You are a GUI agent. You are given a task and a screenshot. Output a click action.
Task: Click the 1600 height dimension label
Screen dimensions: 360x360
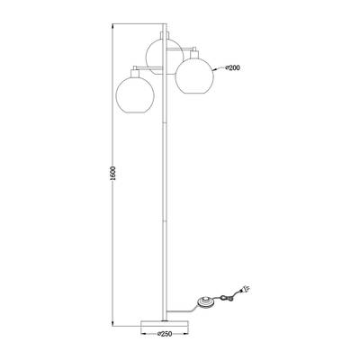(x=112, y=173)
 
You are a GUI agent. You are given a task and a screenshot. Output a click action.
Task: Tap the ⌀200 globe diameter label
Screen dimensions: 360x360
(x=232, y=68)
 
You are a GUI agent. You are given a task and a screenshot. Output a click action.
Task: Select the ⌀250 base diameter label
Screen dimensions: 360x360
(x=165, y=334)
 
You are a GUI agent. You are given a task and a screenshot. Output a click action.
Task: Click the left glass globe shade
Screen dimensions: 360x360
(x=135, y=94)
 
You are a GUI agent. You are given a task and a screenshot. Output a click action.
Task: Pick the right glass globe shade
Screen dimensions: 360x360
(x=194, y=75)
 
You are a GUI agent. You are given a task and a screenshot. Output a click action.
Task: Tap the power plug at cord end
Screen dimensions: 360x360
(x=245, y=289)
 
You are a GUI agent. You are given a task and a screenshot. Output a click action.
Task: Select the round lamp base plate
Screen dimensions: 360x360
(x=165, y=324)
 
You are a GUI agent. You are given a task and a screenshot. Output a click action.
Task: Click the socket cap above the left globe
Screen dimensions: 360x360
(x=135, y=73)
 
